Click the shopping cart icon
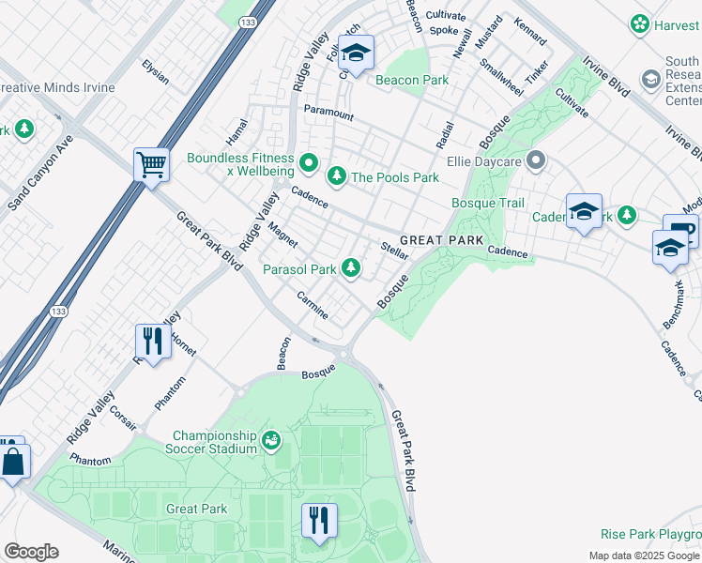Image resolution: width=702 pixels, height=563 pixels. [x=151, y=166]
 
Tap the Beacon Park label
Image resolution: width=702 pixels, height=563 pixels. [x=412, y=81]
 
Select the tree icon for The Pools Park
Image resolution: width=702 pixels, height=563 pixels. [x=336, y=176]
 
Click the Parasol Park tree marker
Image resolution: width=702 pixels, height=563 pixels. [x=351, y=269]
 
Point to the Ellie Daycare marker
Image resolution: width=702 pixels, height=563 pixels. [x=536, y=161]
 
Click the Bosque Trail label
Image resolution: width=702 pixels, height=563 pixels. [x=487, y=203]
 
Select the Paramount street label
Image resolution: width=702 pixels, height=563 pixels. [x=328, y=114]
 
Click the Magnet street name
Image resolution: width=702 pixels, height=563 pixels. [x=282, y=235]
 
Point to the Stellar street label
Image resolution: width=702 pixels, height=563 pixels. [x=394, y=251]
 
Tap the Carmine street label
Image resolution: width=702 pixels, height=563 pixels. [x=312, y=305]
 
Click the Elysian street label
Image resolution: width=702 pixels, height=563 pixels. [x=155, y=72]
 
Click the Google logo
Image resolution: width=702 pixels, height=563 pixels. [x=31, y=552]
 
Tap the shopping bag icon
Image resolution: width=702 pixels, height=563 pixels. [x=13, y=461]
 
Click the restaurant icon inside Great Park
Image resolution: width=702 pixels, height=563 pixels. [x=319, y=520]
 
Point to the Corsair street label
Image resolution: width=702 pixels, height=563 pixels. [x=122, y=418]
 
